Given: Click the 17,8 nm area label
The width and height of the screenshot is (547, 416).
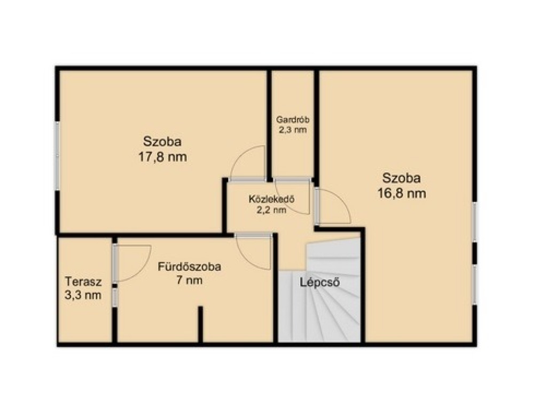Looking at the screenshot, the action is tap(162, 157).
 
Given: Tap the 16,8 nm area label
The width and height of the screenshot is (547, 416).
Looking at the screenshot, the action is tap(402, 193).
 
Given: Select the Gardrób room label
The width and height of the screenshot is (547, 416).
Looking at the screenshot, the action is tap(293, 120).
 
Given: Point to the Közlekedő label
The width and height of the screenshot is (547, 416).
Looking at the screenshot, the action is tap(272, 200).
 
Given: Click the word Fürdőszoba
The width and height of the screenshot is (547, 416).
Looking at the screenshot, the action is tap(190, 267).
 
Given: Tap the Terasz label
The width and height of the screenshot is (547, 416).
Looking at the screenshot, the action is tap(83, 281).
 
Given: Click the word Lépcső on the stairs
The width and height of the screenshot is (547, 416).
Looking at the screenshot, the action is tap(320, 282).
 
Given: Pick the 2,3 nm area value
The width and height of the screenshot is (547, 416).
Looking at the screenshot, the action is tap(293, 130).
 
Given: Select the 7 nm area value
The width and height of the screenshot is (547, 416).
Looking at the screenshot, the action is tap(190, 280).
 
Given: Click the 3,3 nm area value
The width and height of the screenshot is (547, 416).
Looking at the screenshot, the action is tap(83, 295).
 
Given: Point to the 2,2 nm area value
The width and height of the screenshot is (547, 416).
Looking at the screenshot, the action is tap(272, 210).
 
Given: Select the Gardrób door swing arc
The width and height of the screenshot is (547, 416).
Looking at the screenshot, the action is tap(299, 209).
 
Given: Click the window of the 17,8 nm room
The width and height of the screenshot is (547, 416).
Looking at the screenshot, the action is tap(57, 156).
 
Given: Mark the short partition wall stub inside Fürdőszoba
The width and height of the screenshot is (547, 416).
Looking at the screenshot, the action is tap(200, 324).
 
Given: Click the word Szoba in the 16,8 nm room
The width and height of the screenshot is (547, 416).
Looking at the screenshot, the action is tap(402, 178).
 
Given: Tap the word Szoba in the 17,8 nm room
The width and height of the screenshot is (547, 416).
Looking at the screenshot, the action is tap(162, 142).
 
